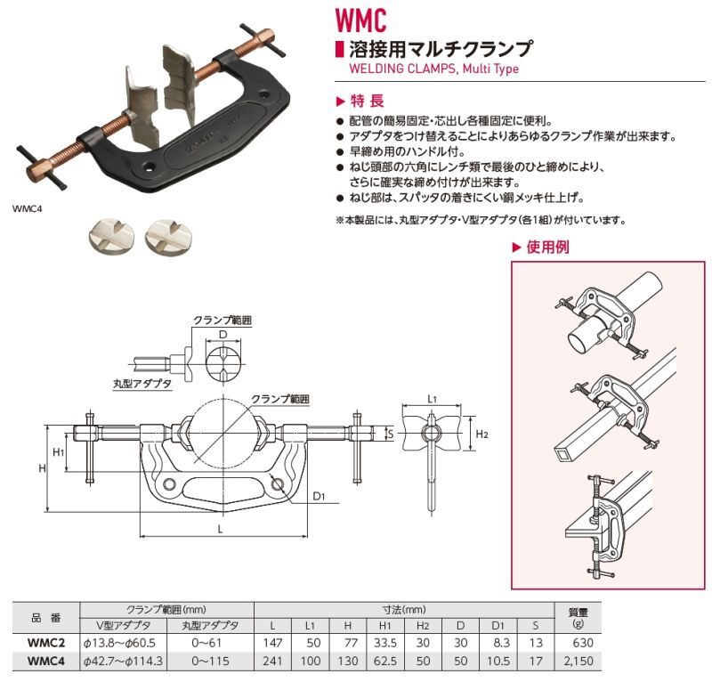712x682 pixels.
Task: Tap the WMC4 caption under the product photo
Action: (28, 209)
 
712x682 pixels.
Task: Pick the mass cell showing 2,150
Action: (575, 662)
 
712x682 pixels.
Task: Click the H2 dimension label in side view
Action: (481, 434)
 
